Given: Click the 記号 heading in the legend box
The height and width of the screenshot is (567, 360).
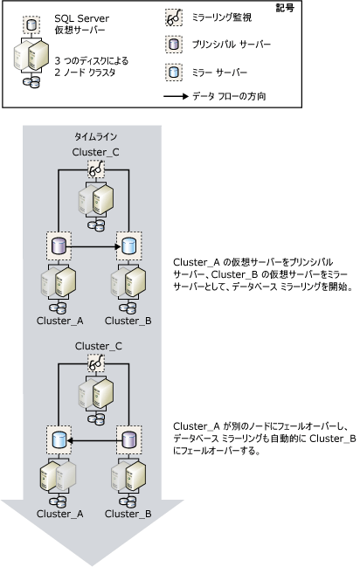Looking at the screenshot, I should (x=336, y=9).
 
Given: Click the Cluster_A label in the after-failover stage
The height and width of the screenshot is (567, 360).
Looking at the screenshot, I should (x=59, y=514).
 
